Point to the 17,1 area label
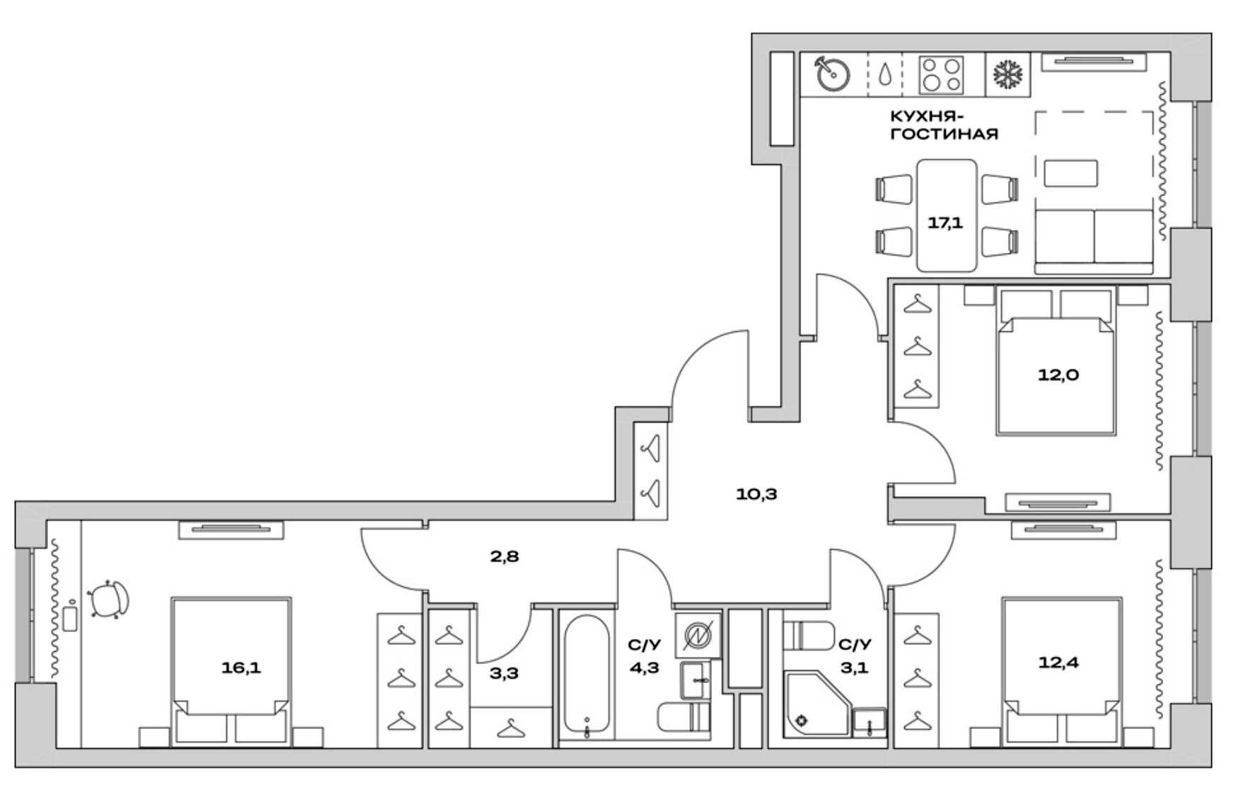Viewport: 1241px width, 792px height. pos(945,223)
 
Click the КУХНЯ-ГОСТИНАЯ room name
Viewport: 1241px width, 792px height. pos(944,125)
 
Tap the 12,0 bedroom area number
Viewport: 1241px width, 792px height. pos(1058,375)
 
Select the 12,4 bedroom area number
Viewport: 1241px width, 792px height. pos(1058,663)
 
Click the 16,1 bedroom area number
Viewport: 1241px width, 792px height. pos(241,667)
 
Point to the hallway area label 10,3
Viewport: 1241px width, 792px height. pos(756,494)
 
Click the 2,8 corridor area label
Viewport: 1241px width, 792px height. pos(504,556)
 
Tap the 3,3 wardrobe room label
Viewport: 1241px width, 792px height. pos(504,673)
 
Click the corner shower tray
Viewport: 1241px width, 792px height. pos(814,704)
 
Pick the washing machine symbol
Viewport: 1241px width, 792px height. pos(698,635)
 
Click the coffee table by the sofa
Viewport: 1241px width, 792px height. pos(1070,173)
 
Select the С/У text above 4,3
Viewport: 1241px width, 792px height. pos(644,645)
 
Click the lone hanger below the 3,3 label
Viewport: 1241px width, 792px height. pos(510,728)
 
